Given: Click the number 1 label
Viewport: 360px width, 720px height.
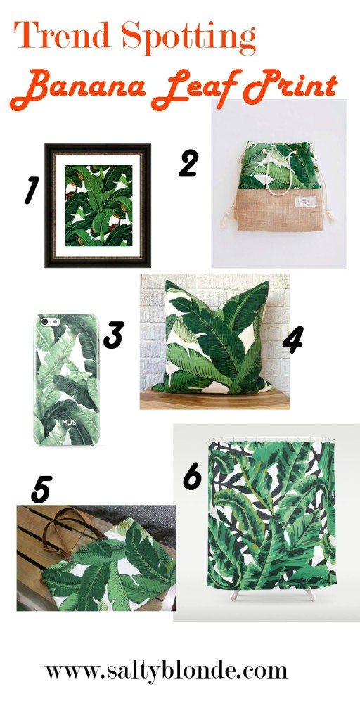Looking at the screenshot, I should click(x=31, y=190).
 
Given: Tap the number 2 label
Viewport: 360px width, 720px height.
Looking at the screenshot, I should click(x=188, y=162).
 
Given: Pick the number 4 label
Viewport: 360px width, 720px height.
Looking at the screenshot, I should click(x=292, y=340).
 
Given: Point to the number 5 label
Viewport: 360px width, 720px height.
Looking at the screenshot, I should click(x=41, y=489).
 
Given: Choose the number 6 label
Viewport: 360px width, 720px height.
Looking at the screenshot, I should click(x=192, y=476).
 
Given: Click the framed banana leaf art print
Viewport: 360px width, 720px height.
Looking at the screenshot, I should click(x=98, y=205).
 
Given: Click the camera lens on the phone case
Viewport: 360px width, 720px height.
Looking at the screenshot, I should click(x=46, y=321).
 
